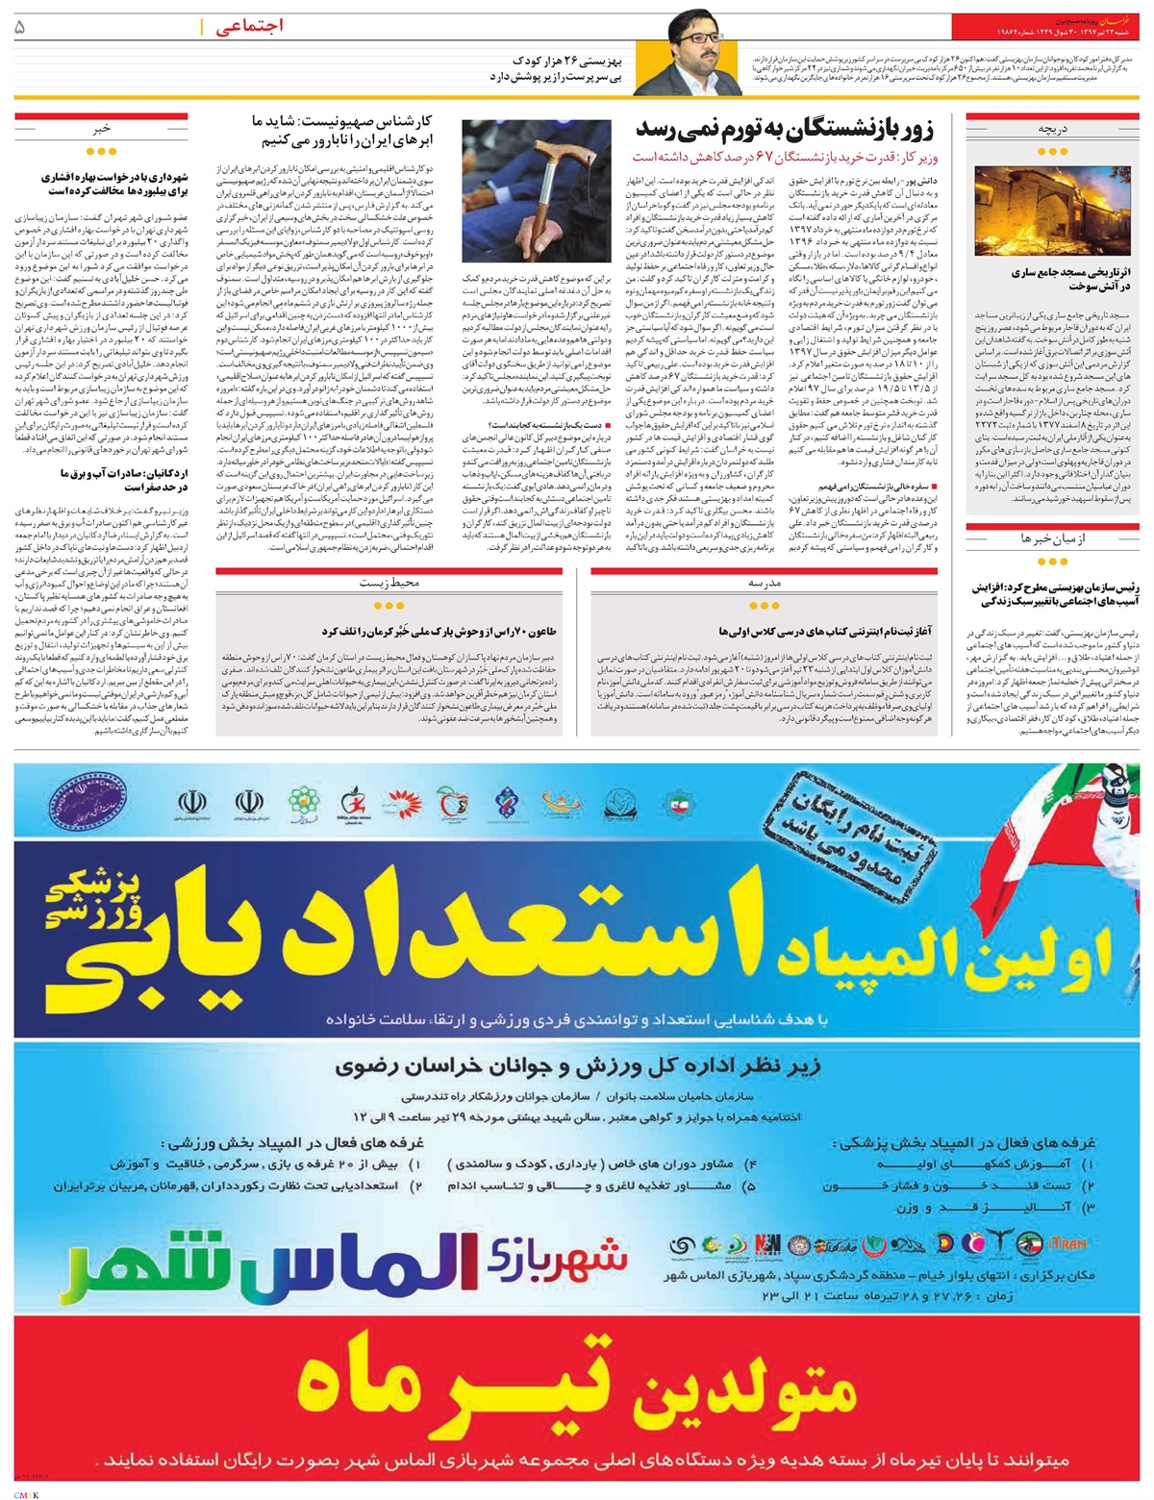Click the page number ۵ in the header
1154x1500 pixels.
(x=20, y=28)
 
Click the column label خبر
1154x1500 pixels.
(x=102, y=128)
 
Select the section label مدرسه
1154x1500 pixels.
(x=765, y=583)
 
